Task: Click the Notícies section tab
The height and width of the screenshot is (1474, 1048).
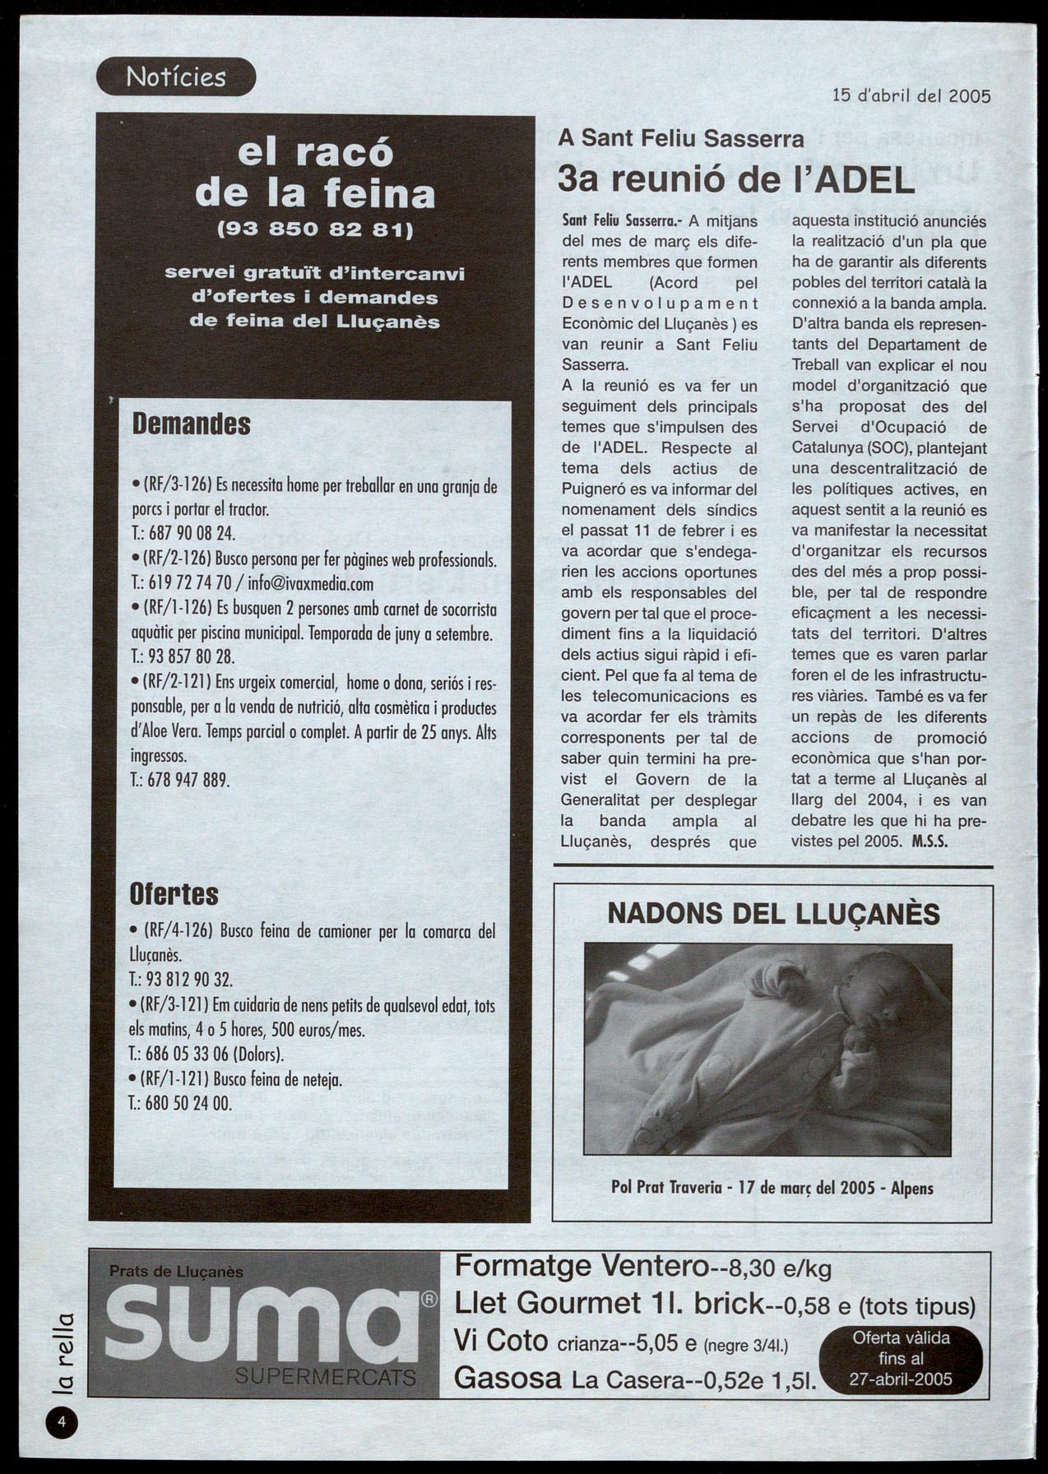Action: point(176,77)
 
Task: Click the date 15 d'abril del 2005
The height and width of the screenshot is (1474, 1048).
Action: point(911,95)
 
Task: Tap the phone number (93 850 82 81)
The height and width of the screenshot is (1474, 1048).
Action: point(314,229)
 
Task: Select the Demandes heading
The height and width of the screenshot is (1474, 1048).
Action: point(191,424)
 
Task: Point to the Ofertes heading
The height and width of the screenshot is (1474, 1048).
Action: point(174,894)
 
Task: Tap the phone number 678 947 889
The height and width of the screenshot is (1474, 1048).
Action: point(188,779)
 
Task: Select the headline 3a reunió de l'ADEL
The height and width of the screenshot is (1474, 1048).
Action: point(735,179)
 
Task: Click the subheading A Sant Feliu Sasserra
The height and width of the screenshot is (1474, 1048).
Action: point(680,138)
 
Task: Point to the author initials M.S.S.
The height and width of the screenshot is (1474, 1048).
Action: point(930,841)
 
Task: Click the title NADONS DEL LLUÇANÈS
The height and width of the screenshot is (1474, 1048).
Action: point(773,914)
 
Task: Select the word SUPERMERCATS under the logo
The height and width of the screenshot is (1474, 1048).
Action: point(326,1377)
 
